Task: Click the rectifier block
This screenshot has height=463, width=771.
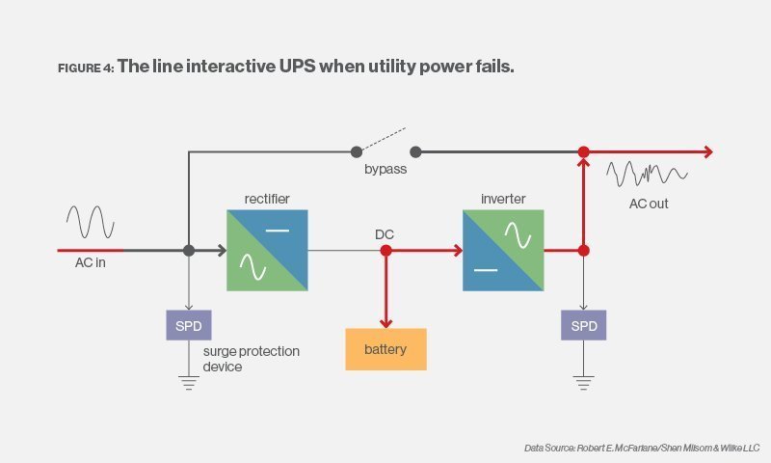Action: click(x=267, y=251)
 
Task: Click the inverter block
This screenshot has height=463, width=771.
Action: click(x=503, y=251)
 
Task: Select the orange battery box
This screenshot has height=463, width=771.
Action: click(x=385, y=349)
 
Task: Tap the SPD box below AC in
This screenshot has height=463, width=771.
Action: click(x=189, y=326)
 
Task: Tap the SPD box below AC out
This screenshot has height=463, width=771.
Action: click(x=583, y=326)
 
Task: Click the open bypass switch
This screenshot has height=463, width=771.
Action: click(x=385, y=143)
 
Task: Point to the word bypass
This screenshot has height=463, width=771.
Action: click(x=385, y=170)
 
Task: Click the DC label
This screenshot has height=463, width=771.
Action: click(x=385, y=234)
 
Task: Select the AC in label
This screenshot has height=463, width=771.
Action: click(x=91, y=263)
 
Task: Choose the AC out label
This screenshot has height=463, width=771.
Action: click(x=649, y=204)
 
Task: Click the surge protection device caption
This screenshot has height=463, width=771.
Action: click(x=251, y=359)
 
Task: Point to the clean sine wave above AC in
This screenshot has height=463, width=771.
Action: click(x=91, y=221)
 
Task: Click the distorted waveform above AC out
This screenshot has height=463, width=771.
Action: click(x=647, y=175)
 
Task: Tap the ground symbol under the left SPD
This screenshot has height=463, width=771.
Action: click(x=189, y=382)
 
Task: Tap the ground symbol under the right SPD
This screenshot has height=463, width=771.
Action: click(x=583, y=382)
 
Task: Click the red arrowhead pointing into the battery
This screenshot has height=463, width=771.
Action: click(x=385, y=322)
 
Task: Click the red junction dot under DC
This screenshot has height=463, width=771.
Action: click(x=385, y=251)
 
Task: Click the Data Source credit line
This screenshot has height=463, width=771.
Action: click(x=642, y=448)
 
